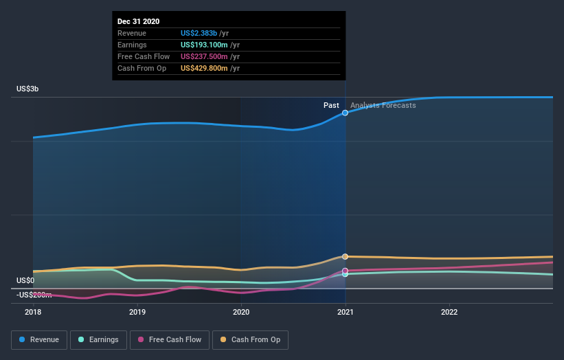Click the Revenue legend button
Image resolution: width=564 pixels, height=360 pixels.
pyautogui.click(x=39, y=339)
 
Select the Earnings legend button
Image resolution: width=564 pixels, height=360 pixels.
pyautogui.click(x=98, y=339)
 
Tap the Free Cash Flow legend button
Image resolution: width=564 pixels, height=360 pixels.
pyautogui.click(x=169, y=339)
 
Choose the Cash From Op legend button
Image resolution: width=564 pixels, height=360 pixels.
pyautogui.click(x=250, y=339)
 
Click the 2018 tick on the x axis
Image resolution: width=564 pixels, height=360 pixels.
pyautogui.click(x=33, y=312)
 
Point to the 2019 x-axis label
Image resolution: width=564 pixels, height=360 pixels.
pyautogui.click(x=137, y=312)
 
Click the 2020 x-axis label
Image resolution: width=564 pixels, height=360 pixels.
pyautogui.click(x=241, y=312)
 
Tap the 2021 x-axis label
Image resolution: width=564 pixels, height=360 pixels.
pyautogui.click(x=345, y=312)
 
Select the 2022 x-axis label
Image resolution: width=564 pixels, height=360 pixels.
pyautogui.click(x=449, y=312)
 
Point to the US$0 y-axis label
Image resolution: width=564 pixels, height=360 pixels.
pyautogui.click(x=25, y=280)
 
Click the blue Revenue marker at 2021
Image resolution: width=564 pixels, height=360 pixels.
pyautogui.click(x=345, y=113)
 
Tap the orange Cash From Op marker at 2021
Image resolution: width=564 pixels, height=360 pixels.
pyautogui.click(x=345, y=256)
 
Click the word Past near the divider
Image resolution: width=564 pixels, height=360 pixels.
pyautogui.click(x=331, y=105)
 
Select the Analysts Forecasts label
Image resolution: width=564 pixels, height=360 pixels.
pyautogui.click(x=383, y=105)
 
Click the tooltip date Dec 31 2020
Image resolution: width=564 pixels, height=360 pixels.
pyautogui.click(x=139, y=21)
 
